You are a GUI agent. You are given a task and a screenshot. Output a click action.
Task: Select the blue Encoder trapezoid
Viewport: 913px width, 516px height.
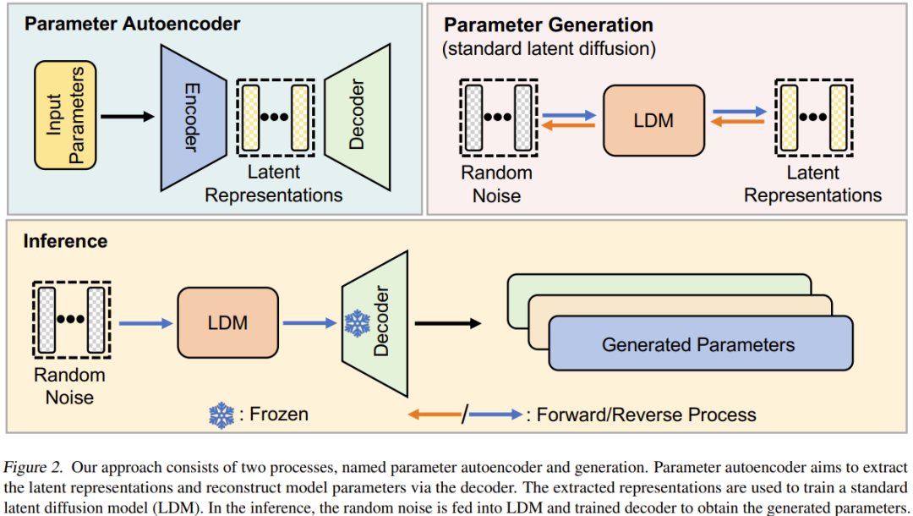click(x=191, y=116)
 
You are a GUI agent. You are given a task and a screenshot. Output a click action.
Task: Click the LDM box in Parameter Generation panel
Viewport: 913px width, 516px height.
click(x=653, y=120)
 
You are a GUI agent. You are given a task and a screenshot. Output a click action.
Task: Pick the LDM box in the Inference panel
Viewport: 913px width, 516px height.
click(x=227, y=322)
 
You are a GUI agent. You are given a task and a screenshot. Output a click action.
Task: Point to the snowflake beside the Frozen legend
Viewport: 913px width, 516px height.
click(x=221, y=414)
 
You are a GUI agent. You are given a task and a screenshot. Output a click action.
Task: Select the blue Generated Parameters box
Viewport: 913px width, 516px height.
click(x=699, y=344)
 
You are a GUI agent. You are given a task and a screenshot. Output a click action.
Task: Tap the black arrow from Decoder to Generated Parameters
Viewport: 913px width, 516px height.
click(x=447, y=322)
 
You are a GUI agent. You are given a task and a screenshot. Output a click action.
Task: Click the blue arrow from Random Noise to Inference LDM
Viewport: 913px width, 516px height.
click(x=145, y=322)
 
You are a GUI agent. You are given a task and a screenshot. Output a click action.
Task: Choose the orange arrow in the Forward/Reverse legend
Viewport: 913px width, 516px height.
click(x=434, y=414)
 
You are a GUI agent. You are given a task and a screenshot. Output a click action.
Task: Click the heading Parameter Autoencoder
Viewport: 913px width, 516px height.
click(x=132, y=23)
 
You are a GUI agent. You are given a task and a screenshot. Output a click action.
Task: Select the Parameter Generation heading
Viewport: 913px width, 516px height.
click(x=548, y=25)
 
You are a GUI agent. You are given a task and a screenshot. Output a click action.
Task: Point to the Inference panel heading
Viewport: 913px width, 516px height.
click(x=65, y=241)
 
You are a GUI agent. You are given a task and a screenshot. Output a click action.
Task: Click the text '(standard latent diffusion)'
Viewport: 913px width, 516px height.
click(x=549, y=48)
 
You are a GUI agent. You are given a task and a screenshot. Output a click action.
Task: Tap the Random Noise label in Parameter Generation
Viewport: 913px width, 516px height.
click(x=497, y=184)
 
